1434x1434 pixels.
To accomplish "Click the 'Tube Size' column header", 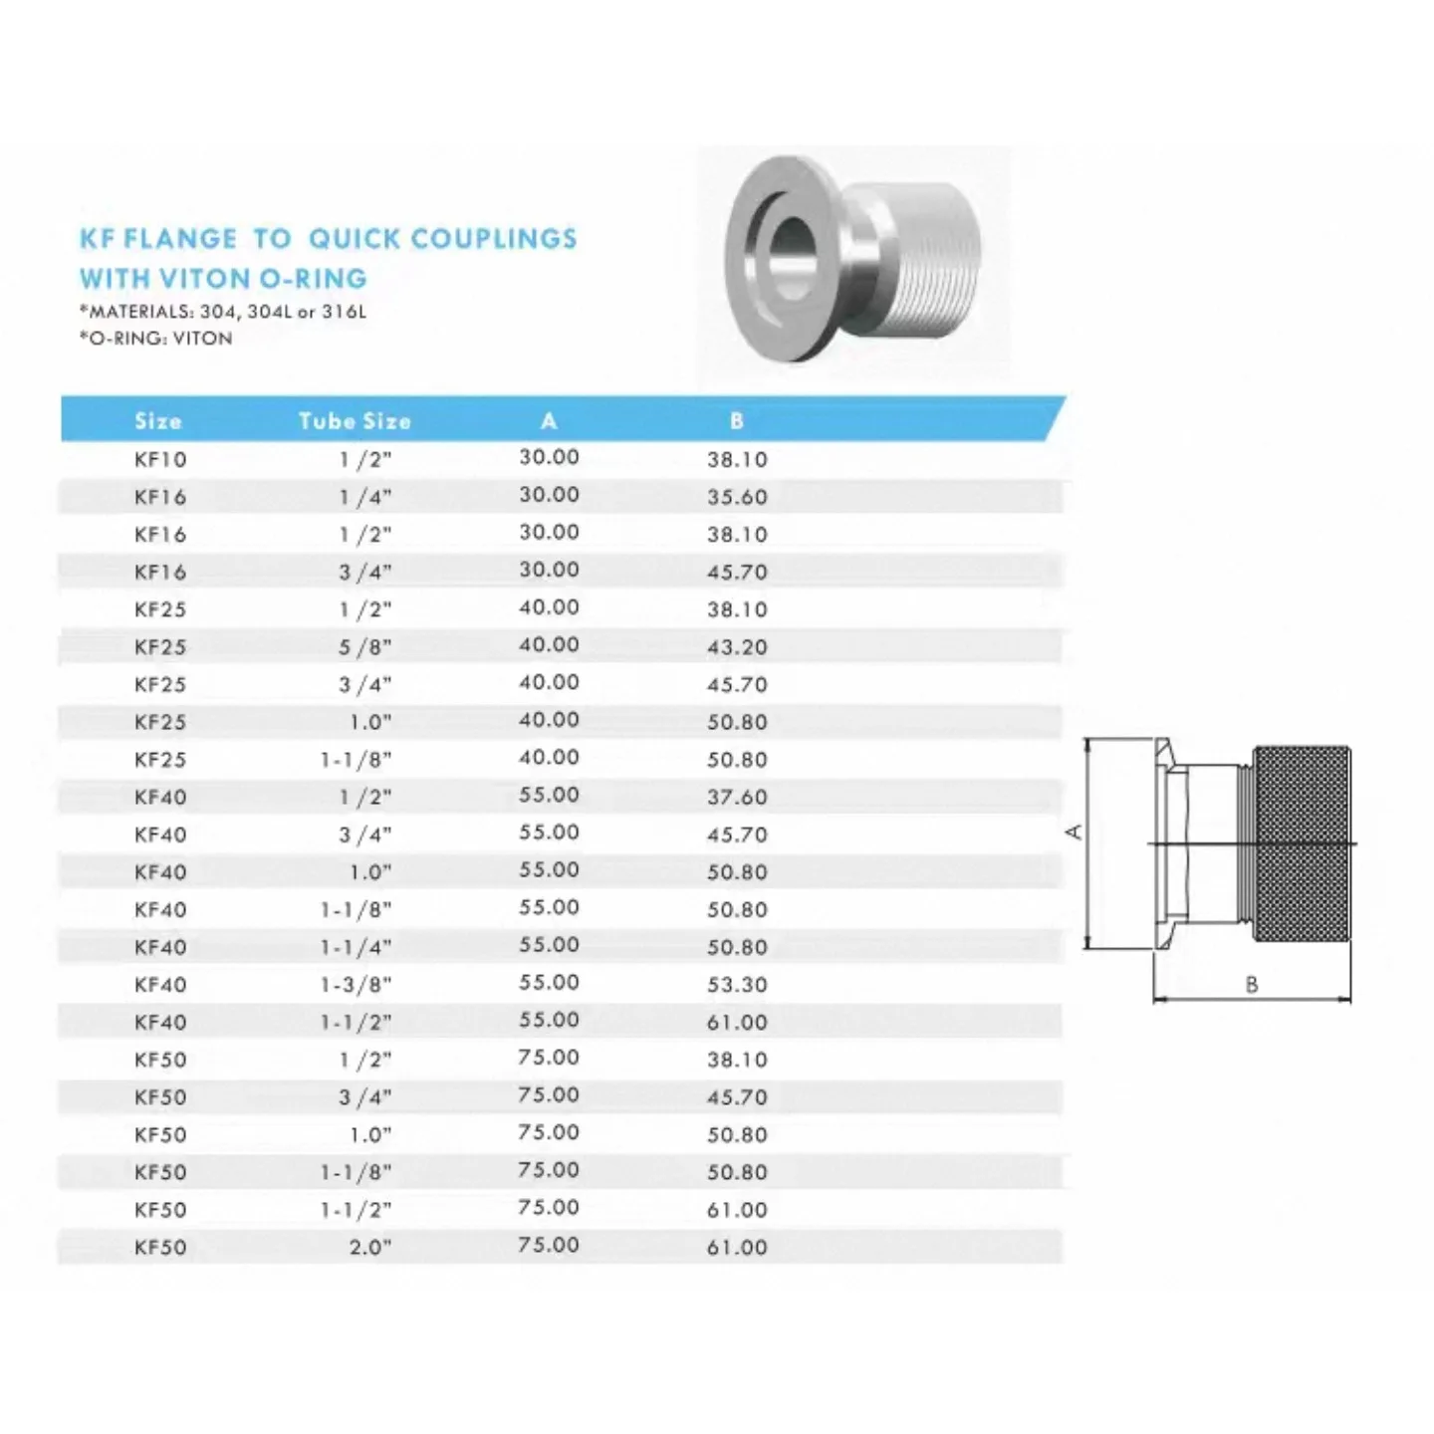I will point(355,421).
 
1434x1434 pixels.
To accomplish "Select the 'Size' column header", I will point(158,421).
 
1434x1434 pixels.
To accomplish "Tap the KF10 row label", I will point(160,459).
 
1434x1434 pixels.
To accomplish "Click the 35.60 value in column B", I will point(737,497).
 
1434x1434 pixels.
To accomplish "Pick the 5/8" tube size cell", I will point(365,647).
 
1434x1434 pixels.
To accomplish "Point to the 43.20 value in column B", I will point(737,647).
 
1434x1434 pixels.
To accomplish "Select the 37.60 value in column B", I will point(737,797).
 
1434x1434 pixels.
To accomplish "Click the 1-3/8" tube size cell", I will point(357,985).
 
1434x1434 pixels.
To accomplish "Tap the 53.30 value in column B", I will point(737,985).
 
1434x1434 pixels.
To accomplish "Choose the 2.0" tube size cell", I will point(370,1247).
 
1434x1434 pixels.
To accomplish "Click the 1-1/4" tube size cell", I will point(357,947).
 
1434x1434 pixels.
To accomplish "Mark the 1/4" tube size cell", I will point(365,497).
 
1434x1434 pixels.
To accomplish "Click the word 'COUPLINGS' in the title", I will point(493,239).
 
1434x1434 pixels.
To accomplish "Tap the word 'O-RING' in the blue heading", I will point(312,278).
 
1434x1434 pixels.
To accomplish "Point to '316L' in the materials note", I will point(345,312).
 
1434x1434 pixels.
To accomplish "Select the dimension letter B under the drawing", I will point(1252,985).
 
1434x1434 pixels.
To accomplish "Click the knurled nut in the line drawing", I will point(1302,844).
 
